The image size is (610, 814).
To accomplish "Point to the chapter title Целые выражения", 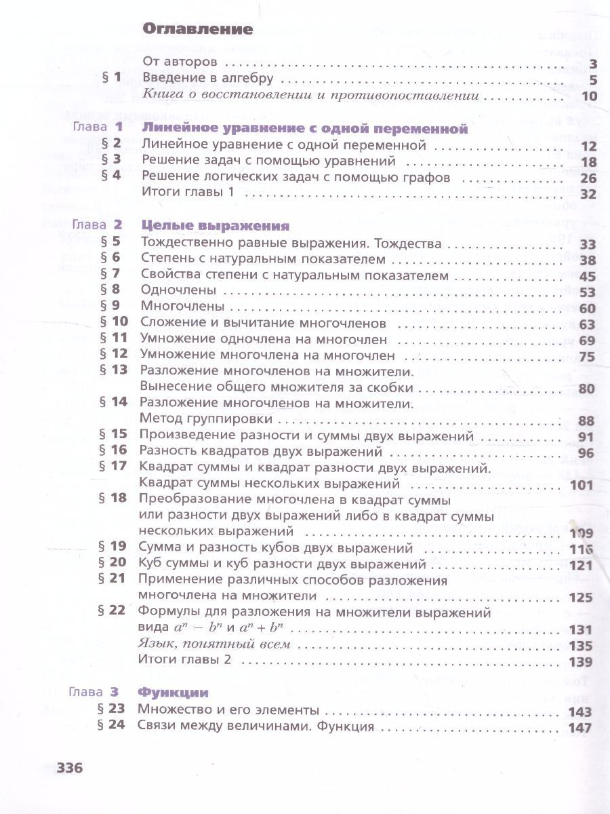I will point(216,226).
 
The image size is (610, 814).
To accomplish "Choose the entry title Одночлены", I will point(178,290).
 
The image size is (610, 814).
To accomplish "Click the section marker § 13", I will point(113,370).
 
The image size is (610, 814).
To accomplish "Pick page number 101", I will point(581,485).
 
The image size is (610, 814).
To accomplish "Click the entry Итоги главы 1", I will point(188,193).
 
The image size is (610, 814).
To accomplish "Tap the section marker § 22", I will point(113,610).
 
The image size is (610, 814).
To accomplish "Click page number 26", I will point(587,178).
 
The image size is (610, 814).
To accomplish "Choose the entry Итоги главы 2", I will point(184,661).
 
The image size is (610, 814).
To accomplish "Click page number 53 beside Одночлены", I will point(586,292).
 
